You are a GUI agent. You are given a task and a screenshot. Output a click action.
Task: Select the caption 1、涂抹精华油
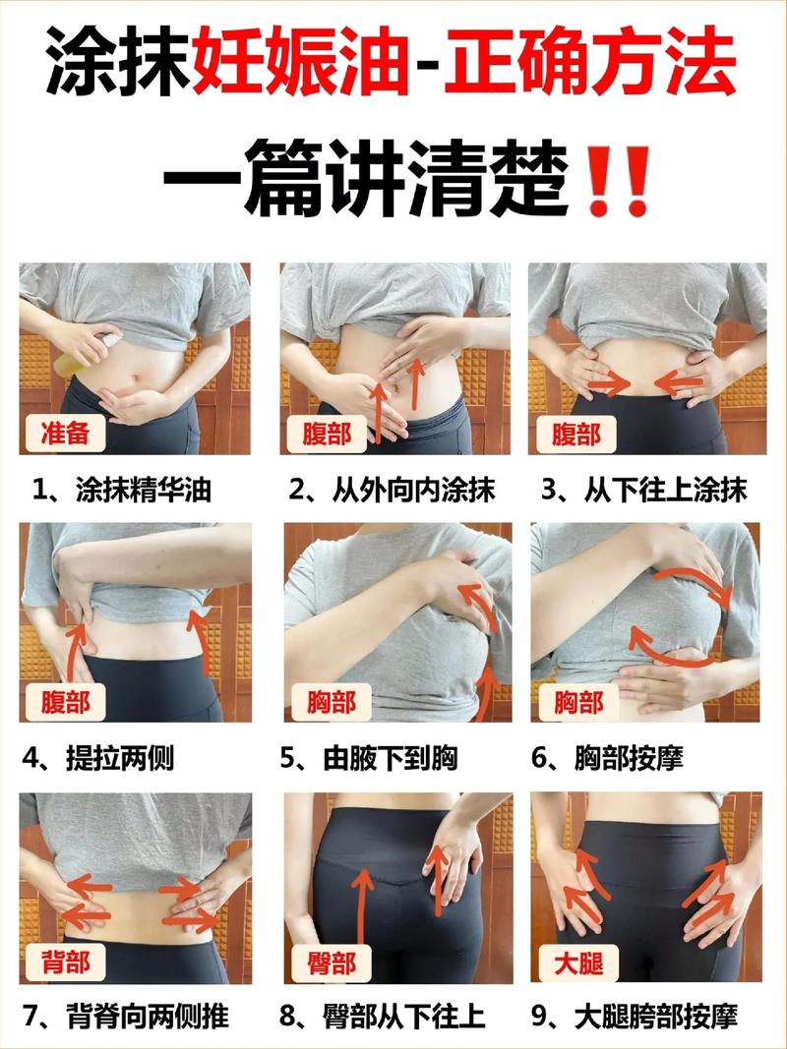tap(122, 490)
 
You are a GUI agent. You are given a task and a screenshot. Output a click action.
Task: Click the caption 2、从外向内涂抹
tap(392, 490)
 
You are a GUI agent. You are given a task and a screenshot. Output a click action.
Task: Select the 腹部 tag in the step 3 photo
tap(576, 433)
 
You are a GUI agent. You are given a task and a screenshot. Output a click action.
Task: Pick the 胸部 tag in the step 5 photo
tap(330, 702)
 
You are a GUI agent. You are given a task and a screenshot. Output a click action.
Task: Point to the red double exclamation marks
tap(617, 182)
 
